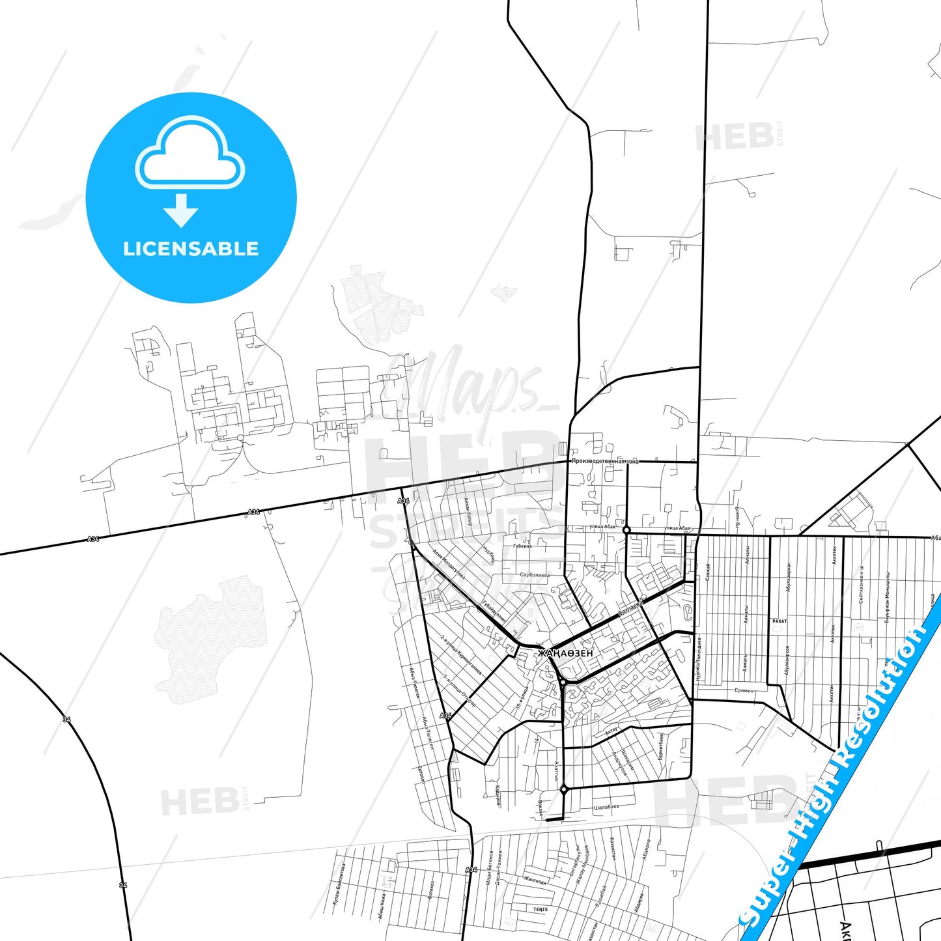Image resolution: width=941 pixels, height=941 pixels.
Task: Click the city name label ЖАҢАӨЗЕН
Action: (x=565, y=653)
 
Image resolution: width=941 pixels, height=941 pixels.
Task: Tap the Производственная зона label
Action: (x=605, y=461)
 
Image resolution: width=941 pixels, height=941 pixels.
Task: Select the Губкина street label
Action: (x=522, y=546)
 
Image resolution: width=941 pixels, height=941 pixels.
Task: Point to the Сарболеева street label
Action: (x=535, y=575)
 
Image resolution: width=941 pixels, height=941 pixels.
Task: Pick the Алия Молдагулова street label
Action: (x=449, y=563)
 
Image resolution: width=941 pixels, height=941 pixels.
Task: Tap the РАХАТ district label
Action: (x=779, y=621)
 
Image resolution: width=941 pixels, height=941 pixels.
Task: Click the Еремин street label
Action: (x=744, y=690)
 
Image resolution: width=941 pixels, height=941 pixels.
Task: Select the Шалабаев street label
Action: (x=606, y=807)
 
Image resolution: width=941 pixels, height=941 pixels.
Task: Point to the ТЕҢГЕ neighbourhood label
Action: (x=540, y=909)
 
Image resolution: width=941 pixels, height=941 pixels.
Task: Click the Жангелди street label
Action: (x=535, y=880)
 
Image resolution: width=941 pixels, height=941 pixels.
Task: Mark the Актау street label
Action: (x=611, y=732)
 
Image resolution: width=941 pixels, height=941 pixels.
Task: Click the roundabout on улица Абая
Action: (x=626, y=531)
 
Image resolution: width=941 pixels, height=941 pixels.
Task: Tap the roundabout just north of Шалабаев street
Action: (x=563, y=789)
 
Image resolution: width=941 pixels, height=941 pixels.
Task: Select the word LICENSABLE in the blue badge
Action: (x=191, y=249)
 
